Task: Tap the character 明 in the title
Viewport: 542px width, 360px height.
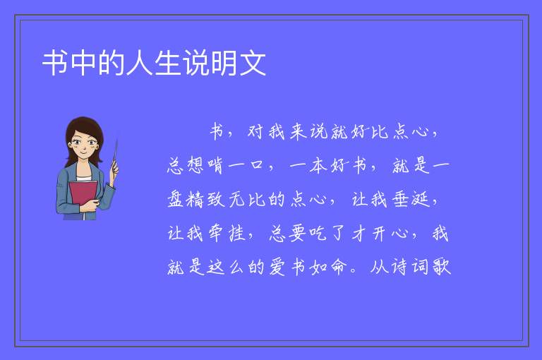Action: tap(224, 63)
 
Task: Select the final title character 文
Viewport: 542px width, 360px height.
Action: tap(253, 63)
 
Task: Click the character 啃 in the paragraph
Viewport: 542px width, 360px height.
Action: tap(215, 165)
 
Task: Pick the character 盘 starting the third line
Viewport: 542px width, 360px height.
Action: tap(175, 200)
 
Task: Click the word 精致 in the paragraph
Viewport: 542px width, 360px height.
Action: tap(205, 200)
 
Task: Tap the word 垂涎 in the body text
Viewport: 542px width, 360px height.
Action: tap(411, 200)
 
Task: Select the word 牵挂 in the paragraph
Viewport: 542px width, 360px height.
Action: tap(227, 234)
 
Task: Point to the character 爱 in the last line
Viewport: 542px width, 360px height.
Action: tap(277, 267)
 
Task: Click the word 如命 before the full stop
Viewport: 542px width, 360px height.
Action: tap(328, 267)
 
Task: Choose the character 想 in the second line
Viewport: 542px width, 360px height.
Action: tap(195, 165)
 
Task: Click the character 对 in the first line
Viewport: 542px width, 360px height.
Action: tap(256, 132)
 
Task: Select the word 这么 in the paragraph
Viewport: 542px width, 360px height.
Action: tap(226, 267)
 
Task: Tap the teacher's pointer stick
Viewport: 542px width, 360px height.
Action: tap(115, 155)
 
